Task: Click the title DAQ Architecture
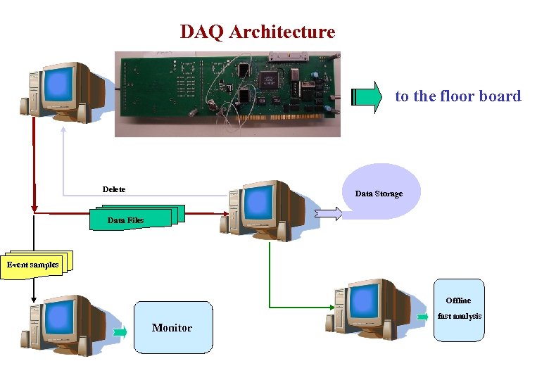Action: (258, 32)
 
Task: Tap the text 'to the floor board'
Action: (458, 96)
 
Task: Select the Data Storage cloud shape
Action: (380, 191)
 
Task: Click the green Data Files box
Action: (127, 220)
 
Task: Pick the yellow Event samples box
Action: (32, 265)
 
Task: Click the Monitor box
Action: (172, 327)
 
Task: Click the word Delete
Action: (114, 189)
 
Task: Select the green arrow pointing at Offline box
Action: (422, 317)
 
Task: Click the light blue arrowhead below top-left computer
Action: (63, 129)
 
